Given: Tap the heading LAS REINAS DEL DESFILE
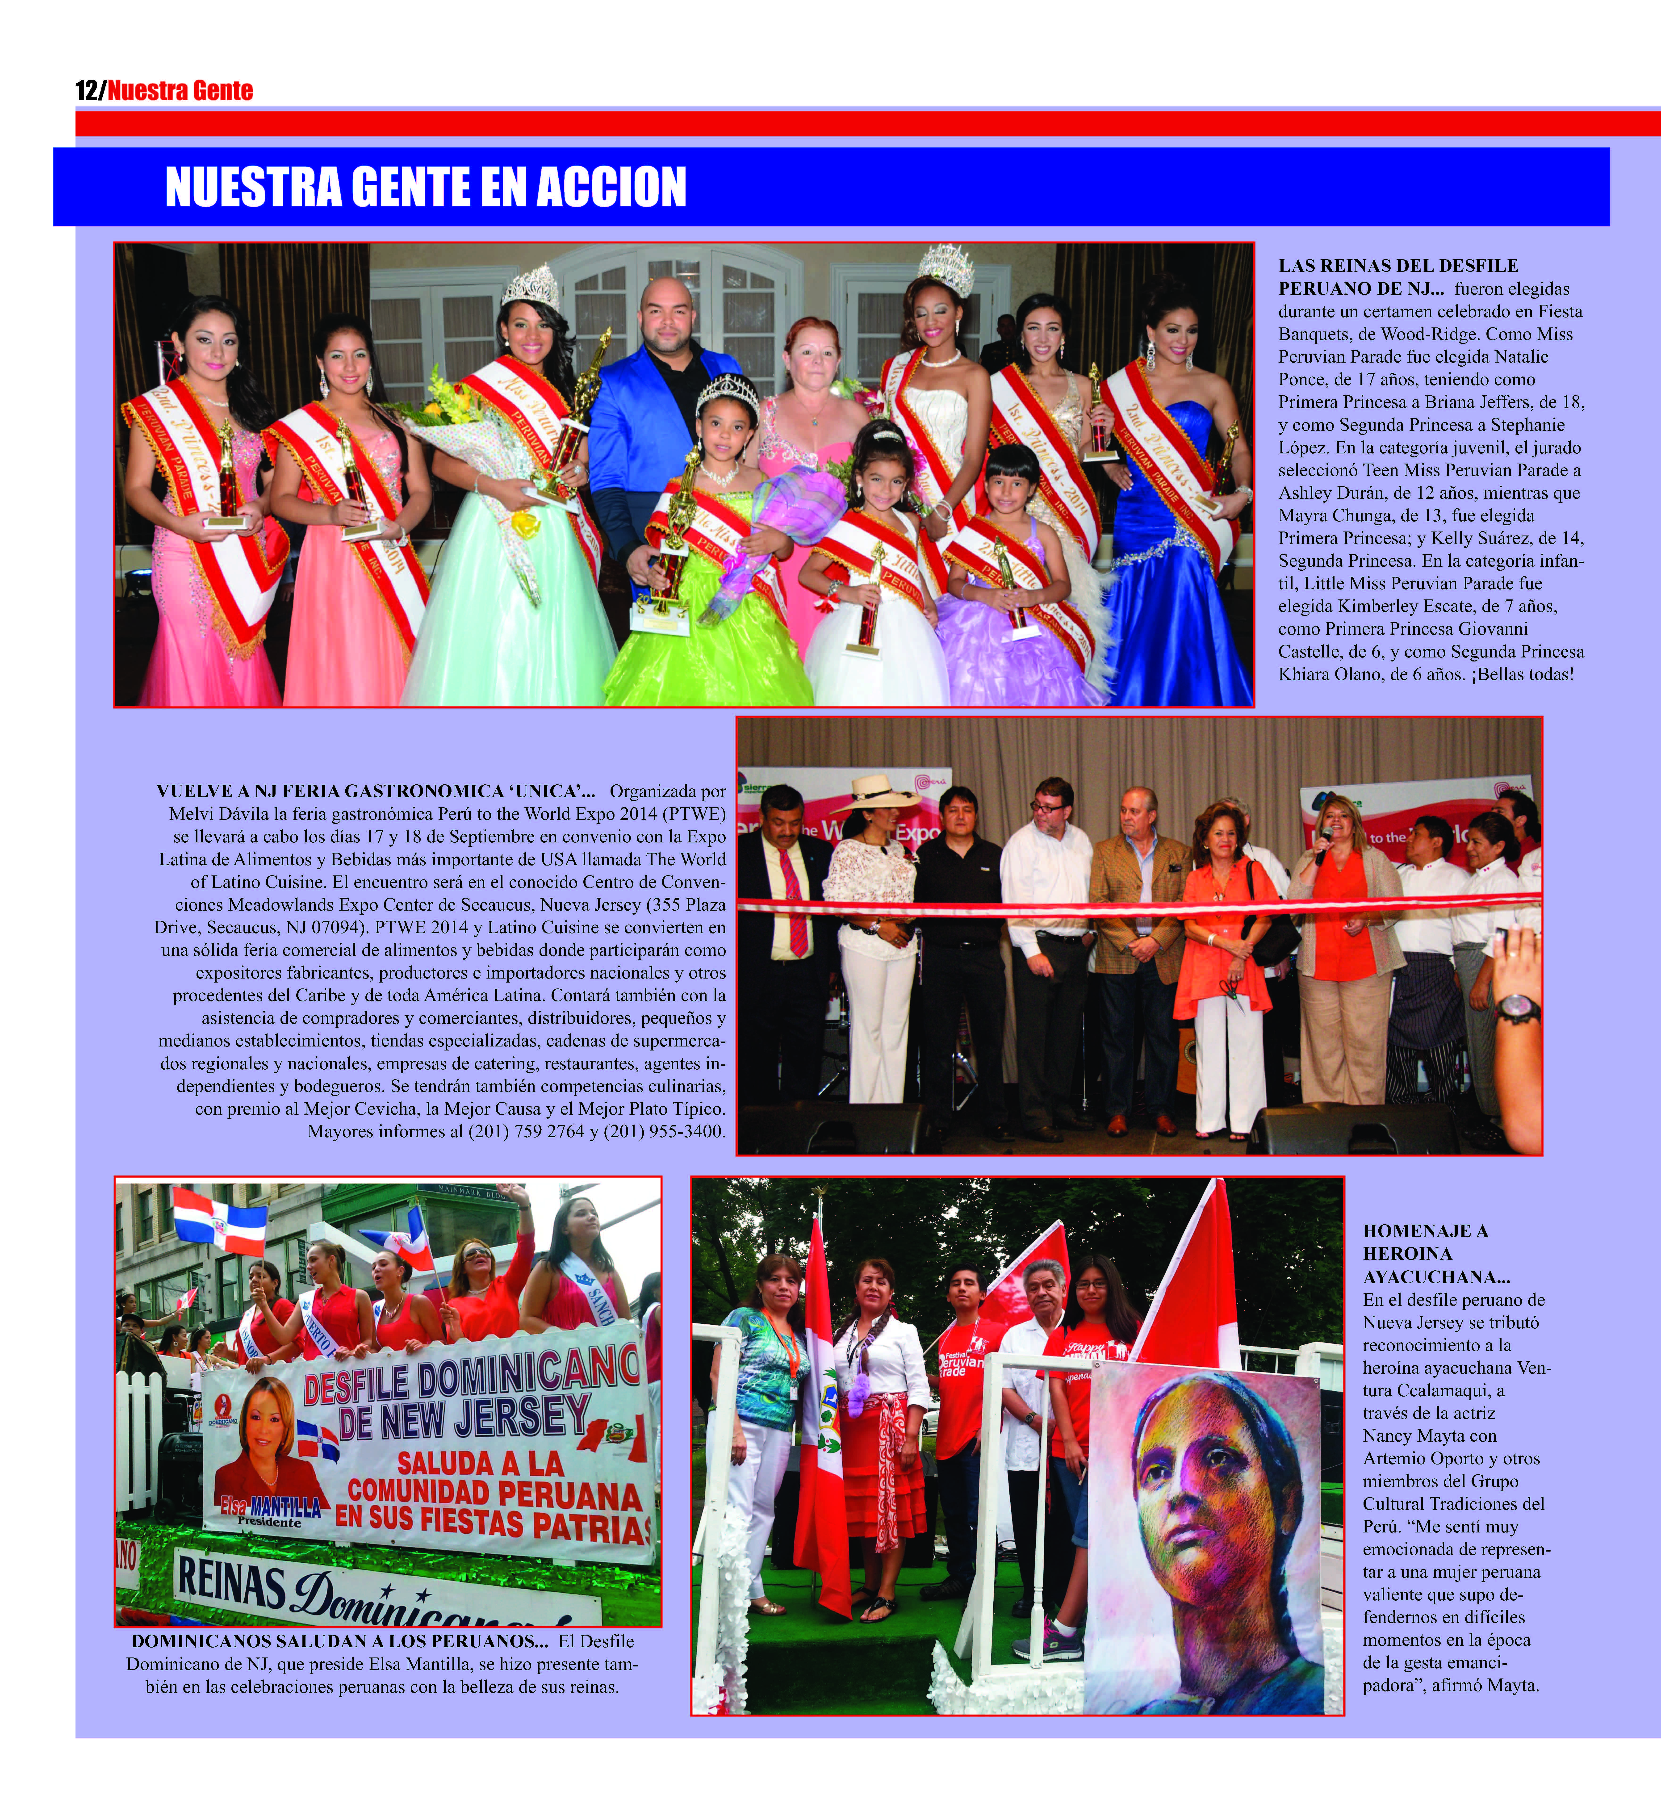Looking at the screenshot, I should (1398, 266).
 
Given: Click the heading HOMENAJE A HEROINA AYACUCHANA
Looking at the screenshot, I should (1426, 1253).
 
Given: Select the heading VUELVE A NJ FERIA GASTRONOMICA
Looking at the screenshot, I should (376, 792).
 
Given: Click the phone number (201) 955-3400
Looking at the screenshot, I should (663, 1132).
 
